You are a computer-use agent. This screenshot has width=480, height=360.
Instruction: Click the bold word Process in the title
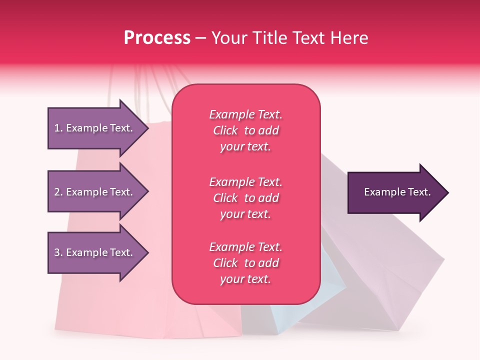(157, 38)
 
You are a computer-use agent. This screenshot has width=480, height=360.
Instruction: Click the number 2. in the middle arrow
(58, 192)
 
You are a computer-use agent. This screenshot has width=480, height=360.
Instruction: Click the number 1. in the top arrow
(58, 128)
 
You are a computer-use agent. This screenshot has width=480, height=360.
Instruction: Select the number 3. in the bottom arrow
(58, 252)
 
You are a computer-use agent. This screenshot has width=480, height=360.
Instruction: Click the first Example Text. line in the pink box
(245, 114)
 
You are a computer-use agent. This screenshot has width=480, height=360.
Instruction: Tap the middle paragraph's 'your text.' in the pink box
(245, 214)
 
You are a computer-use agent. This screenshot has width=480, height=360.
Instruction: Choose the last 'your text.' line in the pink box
(245, 279)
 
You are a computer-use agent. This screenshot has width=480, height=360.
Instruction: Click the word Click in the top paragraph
(225, 130)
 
